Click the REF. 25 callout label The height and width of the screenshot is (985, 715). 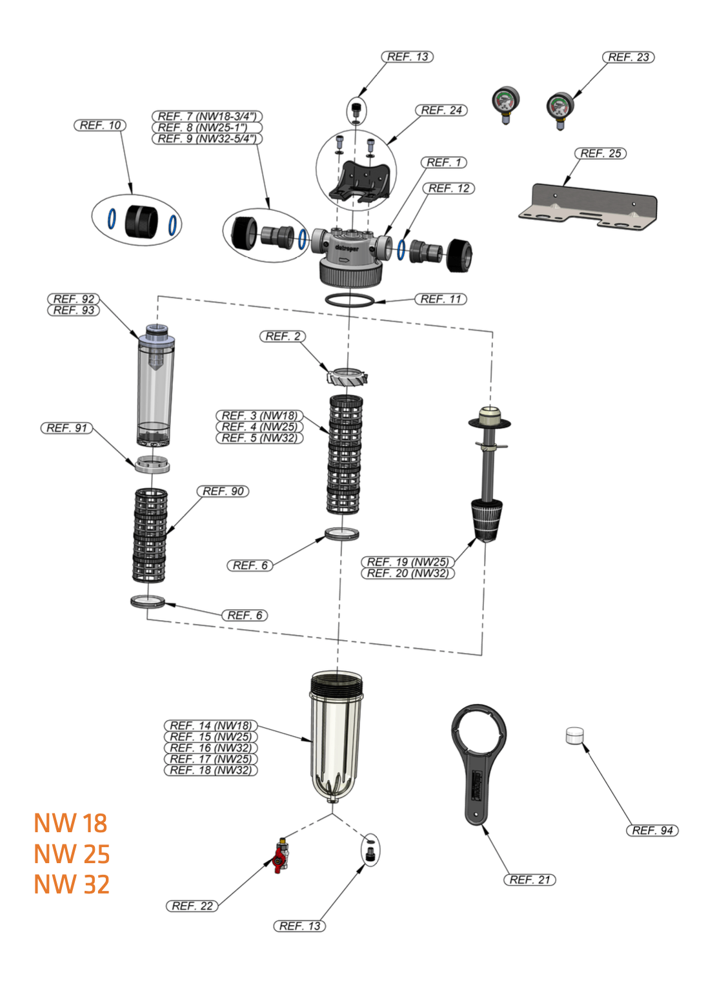click(x=600, y=153)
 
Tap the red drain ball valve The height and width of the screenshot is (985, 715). click(x=280, y=856)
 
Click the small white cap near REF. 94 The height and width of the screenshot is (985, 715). click(x=574, y=736)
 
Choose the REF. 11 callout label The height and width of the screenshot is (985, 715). click(x=441, y=299)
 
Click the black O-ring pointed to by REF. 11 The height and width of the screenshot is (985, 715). click(x=349, y=300)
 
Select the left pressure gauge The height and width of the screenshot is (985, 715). click(x=505, y=102)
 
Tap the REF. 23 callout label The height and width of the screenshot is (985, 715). click(x=628, y=57)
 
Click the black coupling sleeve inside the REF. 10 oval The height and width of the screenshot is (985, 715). click(x=141, y=221)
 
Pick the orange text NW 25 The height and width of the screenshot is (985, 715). click(x=72, y=854)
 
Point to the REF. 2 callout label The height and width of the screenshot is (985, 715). click(x=283, y=336)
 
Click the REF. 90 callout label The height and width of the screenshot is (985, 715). click(x=223, y=491)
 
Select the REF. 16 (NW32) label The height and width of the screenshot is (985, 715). click(x=210, y=748)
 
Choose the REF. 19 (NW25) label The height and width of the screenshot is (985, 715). click(x=407, y=562)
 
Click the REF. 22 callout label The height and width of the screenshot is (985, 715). click(x=192, y=906)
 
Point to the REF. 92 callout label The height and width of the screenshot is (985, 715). click(x=74, y=299)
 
